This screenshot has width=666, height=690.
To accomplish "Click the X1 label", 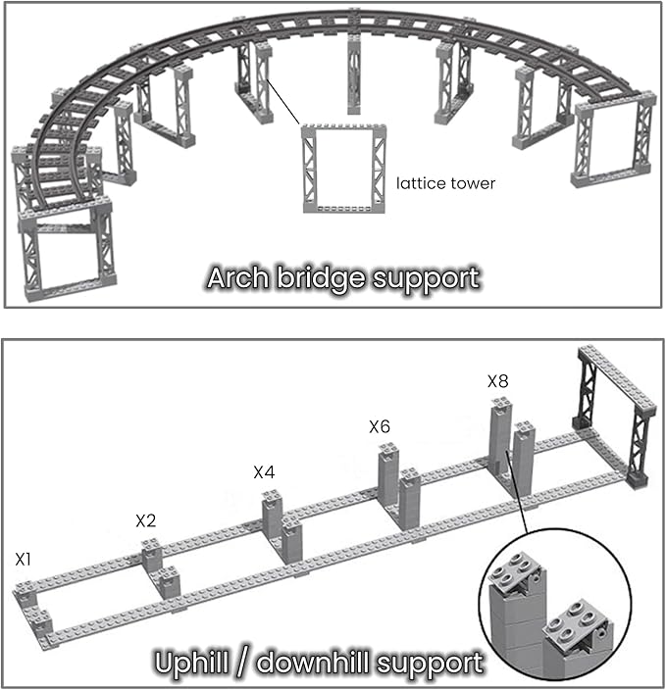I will (25, 560).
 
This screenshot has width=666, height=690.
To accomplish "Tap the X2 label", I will (146, 519).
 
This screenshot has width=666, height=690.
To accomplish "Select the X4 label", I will (264, 471).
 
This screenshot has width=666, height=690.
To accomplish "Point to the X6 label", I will (380, 426).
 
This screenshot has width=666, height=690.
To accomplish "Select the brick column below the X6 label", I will (389, 475).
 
